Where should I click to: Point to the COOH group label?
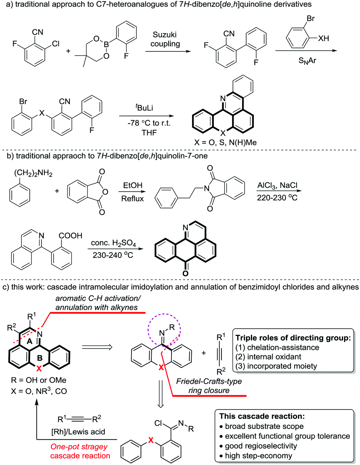pos(71,235)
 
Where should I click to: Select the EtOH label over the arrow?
pos(133,185)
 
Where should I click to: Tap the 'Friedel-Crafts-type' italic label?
pos(209,381)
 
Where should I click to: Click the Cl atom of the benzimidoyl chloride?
pos(158,423)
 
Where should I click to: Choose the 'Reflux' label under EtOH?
pos(132,198)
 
